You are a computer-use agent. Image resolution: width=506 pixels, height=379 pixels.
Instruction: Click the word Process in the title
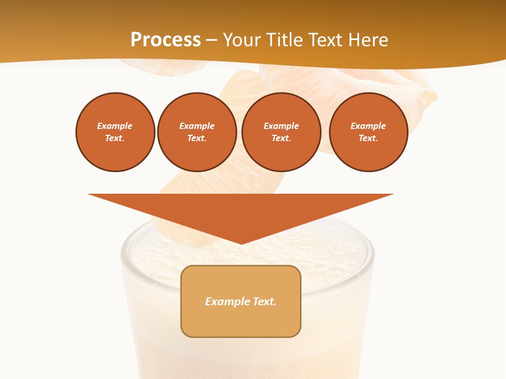tap(166, 40)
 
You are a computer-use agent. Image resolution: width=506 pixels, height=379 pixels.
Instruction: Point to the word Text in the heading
tap(325, 40)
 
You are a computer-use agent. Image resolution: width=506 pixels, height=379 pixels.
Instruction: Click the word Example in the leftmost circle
tap(115, 126)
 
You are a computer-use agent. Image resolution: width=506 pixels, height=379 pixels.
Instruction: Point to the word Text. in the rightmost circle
tap(368, 138)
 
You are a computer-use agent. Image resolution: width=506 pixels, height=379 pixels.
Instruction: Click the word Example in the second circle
tap(197, 126)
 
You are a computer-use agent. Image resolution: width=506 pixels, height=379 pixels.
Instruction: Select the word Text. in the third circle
tap(281, 138)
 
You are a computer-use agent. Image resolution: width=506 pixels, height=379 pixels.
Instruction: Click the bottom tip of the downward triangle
tap(241, 243)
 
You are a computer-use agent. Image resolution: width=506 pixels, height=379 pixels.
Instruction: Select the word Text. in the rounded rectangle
tap(265, 302)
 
